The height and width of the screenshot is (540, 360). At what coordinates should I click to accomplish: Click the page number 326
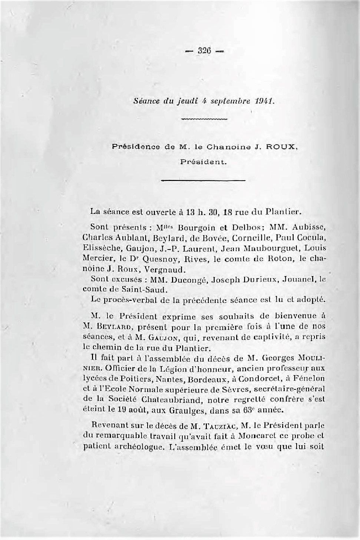point(204,51)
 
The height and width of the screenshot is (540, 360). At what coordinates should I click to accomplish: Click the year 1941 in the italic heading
point(264,101)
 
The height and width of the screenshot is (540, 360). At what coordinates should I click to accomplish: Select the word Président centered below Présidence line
point(204,162)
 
